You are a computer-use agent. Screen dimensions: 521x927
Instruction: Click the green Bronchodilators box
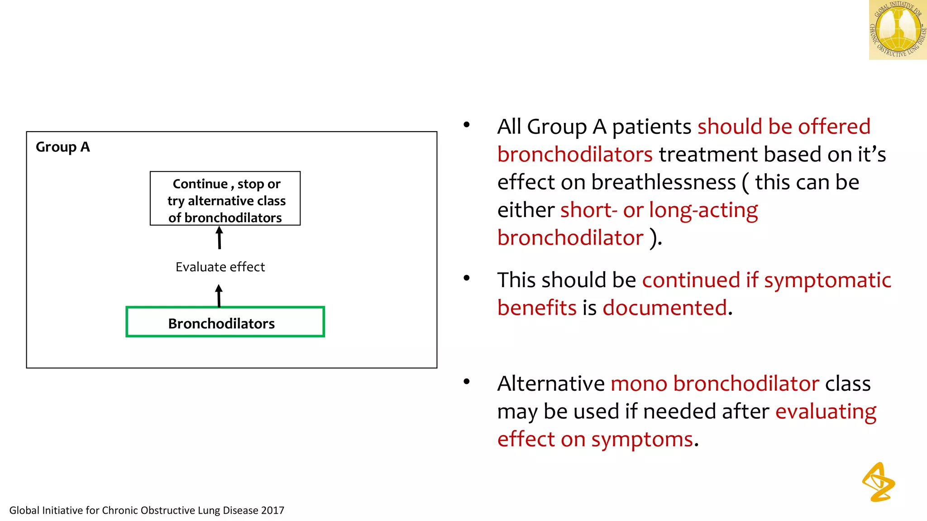(225, 322)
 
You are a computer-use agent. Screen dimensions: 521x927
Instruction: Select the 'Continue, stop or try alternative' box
(225, 199)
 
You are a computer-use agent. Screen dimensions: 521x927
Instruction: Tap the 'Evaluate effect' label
(220, 267)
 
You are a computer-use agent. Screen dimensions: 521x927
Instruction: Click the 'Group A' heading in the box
(63, 147)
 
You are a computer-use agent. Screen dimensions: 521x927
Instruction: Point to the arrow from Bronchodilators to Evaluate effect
(219, 296)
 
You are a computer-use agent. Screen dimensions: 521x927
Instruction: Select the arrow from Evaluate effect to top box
(220, 237)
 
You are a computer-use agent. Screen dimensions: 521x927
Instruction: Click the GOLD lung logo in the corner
(897, 30)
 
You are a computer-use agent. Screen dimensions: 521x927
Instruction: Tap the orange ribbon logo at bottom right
(879, 482)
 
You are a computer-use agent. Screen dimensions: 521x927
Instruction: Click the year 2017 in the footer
(272, 511)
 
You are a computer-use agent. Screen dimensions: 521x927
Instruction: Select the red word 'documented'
(664, 308)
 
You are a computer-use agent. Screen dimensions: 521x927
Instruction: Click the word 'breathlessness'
(664, 182)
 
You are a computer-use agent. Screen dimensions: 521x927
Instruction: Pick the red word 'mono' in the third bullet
(639, 384)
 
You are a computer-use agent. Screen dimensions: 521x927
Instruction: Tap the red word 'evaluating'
(826, 412)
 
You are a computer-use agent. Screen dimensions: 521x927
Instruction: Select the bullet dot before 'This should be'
(467, 278)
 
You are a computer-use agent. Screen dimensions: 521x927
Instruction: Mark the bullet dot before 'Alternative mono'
(467, 382)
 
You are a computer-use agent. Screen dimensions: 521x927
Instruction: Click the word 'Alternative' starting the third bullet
(550, 384)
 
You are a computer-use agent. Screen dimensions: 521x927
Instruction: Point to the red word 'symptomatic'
(827, 280)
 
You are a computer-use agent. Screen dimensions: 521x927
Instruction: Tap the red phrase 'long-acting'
(703, 210)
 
